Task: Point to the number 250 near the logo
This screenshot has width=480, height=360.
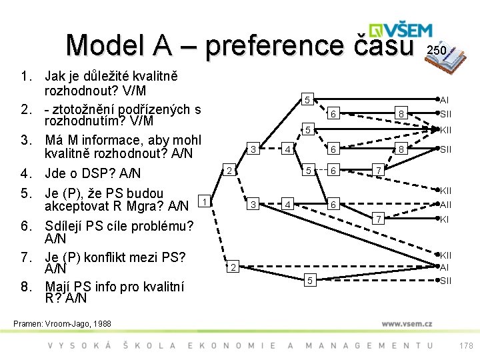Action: (437, 51)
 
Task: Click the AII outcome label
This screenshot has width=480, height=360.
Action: (446, 205)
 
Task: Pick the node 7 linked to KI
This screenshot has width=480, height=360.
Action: (377, 219)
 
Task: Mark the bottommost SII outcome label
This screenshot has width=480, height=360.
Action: (445, 281)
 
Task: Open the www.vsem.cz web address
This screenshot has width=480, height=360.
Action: (407, 323)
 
